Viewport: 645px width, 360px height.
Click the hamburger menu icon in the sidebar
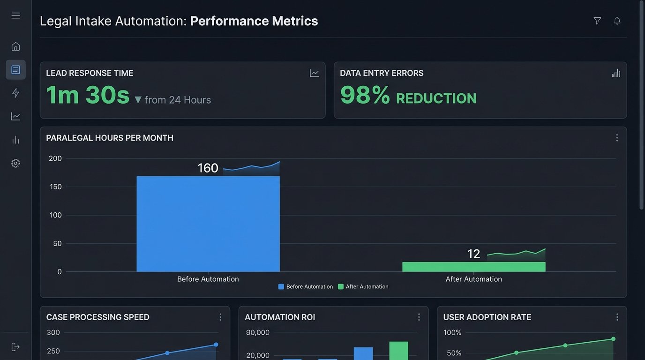[15, 15]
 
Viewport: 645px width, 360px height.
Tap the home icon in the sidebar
[15, 46]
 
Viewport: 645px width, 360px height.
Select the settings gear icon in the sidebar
[15, 163]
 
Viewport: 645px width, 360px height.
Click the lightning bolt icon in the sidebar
[15, 93]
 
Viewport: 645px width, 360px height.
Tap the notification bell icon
[617, 21]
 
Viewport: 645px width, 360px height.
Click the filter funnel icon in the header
[597, 21]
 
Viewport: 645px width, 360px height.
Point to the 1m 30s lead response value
[88, 95]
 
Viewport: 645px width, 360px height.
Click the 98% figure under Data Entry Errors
[365, 95]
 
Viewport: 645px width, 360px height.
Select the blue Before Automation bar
[208, 224]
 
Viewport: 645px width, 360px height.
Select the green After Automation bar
[473, 267]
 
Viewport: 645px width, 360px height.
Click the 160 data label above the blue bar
[208, 168]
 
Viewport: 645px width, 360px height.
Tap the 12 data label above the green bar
[473, 254]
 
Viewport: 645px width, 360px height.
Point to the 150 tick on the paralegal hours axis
[55, 187]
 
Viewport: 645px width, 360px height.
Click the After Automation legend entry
[363, 287]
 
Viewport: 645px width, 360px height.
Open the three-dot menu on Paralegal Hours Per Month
[617, 138]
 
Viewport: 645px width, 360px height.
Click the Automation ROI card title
[280, 317]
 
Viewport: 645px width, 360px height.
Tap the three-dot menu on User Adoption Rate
[617, 317]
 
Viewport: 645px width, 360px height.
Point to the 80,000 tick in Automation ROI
[257, 333]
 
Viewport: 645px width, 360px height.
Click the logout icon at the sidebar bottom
[15, 347]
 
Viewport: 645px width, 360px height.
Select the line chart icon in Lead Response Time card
[314, 73]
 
